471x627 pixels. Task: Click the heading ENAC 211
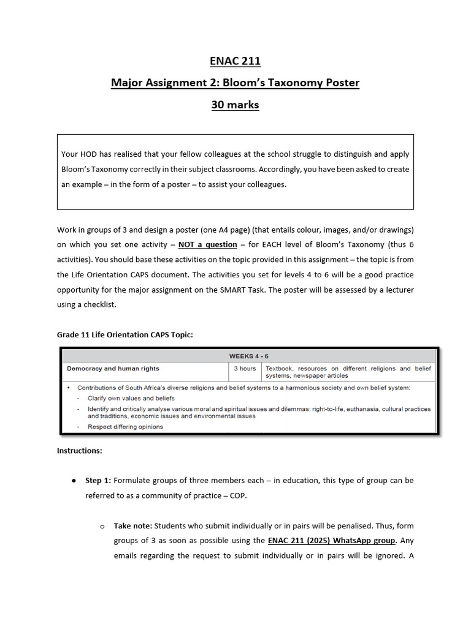click(235, 61)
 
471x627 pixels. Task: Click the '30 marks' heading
click(235, 105)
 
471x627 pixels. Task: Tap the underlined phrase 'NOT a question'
click(207, 244)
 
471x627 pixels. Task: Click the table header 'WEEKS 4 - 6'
click(248, 356)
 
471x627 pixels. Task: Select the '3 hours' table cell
click(244, 369)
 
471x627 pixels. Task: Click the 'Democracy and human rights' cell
click(113, 369)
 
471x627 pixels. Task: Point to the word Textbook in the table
click(279, 369)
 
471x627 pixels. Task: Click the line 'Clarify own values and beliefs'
click(131, 398)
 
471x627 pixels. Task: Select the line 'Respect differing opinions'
click(125, 427)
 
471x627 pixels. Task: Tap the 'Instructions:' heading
click(80, 451)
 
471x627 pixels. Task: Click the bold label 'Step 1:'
click(98, 481)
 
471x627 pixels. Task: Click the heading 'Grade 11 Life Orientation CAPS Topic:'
click(124, 334)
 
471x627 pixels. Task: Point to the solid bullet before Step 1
click(74, 481)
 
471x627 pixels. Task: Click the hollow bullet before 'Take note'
click(102, 527)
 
